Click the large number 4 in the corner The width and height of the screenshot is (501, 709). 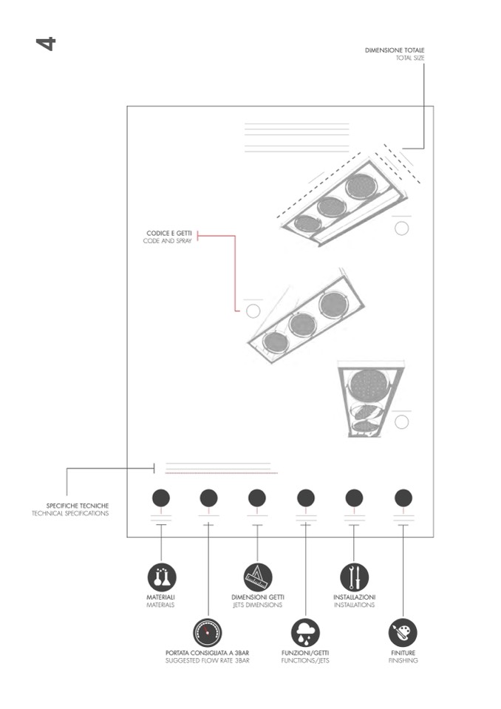pos(45,43)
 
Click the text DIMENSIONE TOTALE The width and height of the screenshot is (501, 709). pos(395,50)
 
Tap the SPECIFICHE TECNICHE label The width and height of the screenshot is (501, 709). pos(78,506)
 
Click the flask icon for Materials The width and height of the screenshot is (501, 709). pos(161,577)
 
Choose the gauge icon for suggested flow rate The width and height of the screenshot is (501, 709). pos(208,633)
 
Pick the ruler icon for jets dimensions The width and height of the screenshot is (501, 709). pos(257,577)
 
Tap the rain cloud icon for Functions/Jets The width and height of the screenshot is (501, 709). pos(305,633)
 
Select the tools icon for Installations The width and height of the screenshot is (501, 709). pos(354,577)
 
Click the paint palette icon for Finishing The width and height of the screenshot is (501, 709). pos(403,633)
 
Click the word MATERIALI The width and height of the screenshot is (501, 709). pos(160,597)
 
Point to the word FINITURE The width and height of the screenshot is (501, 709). pos(403,653)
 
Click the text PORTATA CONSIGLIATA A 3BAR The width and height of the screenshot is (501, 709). pos(208,653)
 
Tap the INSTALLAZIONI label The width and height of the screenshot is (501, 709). pos(354,597)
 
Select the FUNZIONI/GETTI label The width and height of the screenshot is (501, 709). pos(305,653)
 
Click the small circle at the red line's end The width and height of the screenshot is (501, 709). pos(253,311)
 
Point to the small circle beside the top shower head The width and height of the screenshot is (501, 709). pos(401,228)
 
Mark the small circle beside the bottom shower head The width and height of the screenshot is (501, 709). pos(401,422)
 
